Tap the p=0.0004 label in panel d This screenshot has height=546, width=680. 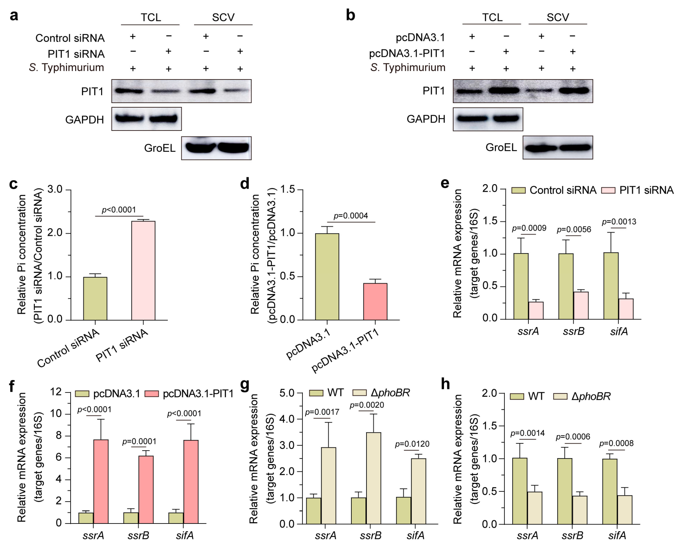[351, 216]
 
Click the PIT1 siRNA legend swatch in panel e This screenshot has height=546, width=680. [608, 190]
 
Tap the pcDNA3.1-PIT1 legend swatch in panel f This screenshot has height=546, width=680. [152, 394]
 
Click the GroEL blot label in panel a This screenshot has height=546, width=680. [160, 148]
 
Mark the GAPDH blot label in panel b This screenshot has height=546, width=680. [426, 119]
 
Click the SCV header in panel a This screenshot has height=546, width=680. [223, 17]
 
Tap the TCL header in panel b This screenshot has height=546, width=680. [492, 17]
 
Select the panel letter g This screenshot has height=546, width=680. [245, 385]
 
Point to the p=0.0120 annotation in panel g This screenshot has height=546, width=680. [412, 444]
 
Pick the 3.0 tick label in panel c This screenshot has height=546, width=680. [55, 189]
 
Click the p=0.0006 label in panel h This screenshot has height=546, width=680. [572, 437]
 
